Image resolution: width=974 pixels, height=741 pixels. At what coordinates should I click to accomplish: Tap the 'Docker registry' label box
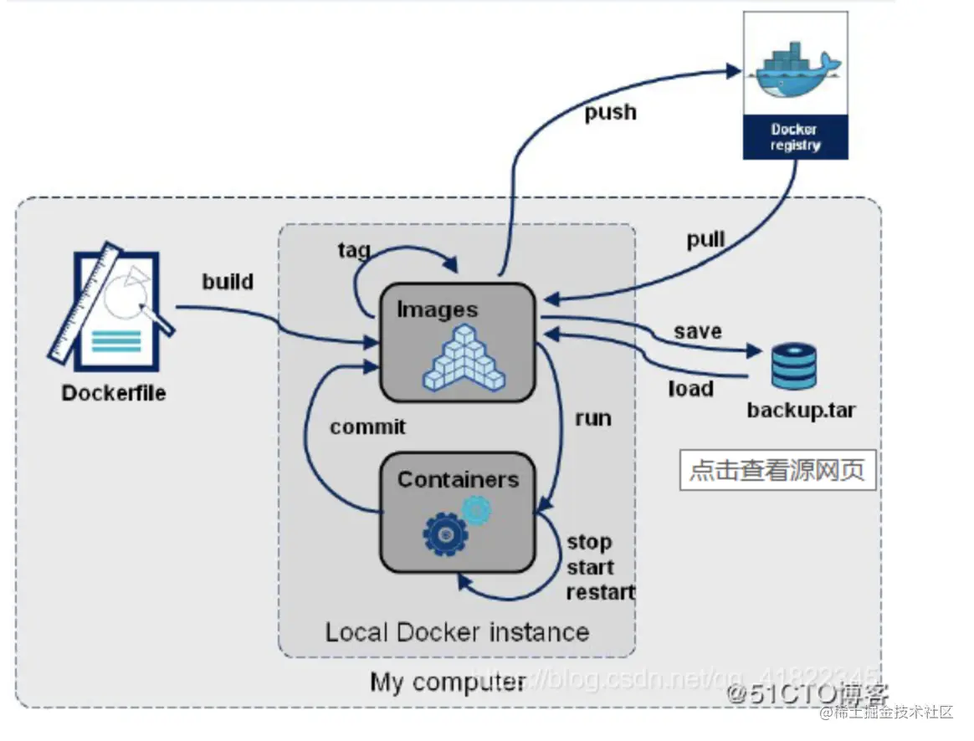(795, 137)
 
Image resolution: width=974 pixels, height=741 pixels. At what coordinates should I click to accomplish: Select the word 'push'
(610, 112)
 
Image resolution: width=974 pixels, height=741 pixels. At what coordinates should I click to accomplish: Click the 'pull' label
(705, 240)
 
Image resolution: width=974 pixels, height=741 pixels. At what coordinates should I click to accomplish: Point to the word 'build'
(228, 281)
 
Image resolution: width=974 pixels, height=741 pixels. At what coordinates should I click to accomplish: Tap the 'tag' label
(354, 250)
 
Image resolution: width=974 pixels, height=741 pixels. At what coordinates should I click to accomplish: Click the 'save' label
(698, 331)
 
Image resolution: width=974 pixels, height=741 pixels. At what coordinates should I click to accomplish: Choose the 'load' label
(690, 389)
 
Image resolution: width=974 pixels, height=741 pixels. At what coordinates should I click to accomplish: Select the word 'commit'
(367, 427)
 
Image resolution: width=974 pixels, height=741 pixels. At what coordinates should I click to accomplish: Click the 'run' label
(593, 418)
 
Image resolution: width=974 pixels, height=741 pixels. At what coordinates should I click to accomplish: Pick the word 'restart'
(601, 593)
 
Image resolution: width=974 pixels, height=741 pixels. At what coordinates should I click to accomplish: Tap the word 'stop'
(590, 542)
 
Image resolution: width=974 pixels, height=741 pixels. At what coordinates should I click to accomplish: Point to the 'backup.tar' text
(801, 411)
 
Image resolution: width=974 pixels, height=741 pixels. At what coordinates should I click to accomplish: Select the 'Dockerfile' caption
(114, 392)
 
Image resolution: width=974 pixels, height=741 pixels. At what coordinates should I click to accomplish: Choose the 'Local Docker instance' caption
(457, 631)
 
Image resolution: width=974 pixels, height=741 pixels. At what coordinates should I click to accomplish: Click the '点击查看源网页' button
(777, 471)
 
